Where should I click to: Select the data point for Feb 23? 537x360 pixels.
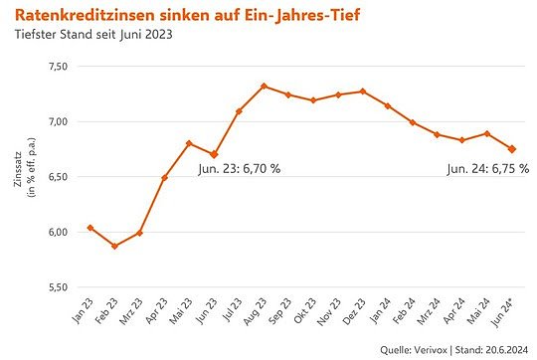click(x=114, y=246)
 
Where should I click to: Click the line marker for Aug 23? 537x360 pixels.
click(x=264, y=87)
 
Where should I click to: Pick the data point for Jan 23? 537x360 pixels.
click(x=90, y=228)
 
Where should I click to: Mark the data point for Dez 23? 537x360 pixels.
click(x=363, y=91)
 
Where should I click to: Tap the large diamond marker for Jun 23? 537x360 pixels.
click(x=214, y=154)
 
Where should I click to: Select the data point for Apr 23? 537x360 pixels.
click(x=164, y=178)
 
